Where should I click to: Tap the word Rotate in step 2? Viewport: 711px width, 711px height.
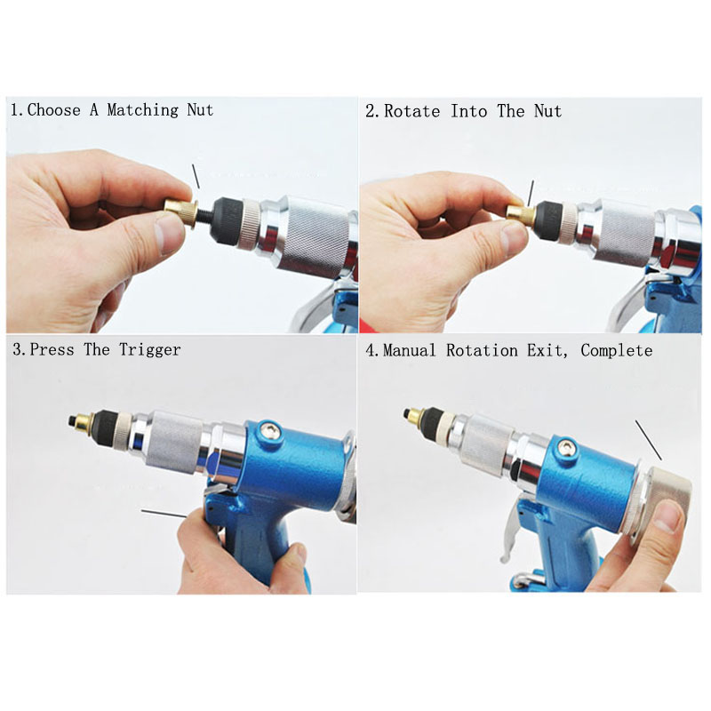coord(414,111)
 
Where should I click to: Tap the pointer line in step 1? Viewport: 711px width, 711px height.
coord(196,176)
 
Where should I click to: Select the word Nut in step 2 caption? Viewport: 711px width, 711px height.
coord(547,111)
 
